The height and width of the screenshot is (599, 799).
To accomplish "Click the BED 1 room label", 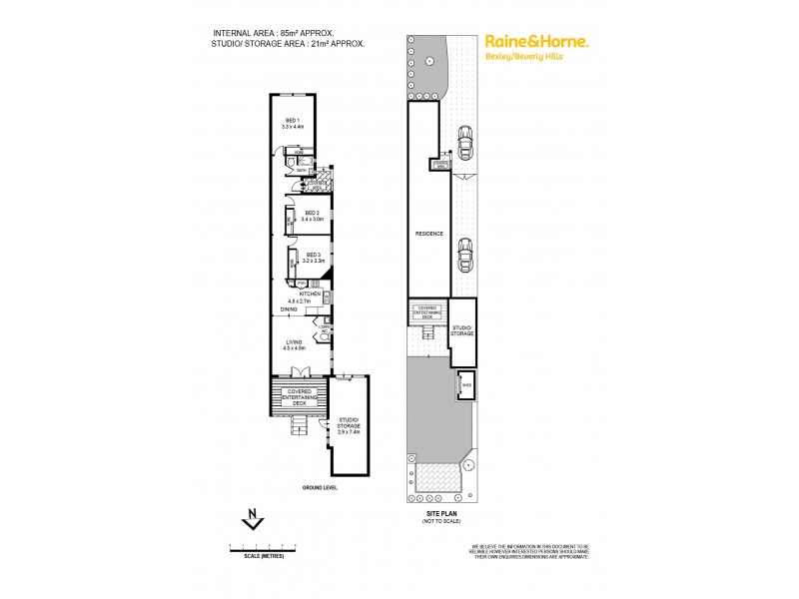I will [x=291, y=122].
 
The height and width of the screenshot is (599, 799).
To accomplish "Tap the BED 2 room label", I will [x=311, y=214].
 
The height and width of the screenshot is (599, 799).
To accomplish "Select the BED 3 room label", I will [x=311, y=256].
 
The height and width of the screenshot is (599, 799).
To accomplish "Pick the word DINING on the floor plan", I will [x=289, y=309].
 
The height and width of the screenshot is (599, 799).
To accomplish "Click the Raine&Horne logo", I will [x=536, y=42].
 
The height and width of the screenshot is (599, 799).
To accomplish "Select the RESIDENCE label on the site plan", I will [x=428, y=234].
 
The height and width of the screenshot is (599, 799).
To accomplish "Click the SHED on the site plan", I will [x=465, y=385].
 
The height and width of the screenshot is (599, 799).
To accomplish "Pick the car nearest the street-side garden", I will [x=463, y=138].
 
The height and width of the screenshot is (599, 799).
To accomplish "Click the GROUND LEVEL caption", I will [x=320, y=487].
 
